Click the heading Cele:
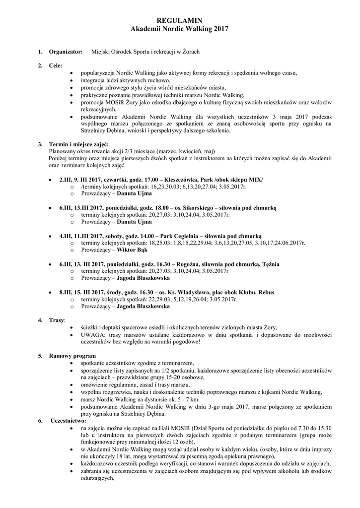(56, 65)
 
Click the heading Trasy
(57, 320)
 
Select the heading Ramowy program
(72, 356)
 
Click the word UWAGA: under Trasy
(93, 335)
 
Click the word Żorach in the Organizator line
(190, 52)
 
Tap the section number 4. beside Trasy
(41, 320)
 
